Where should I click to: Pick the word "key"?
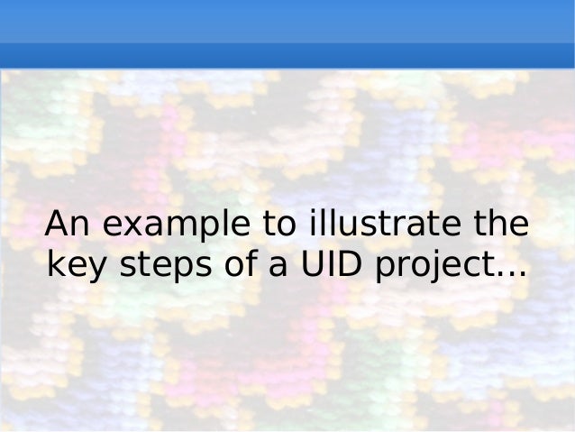pos(74,265)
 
